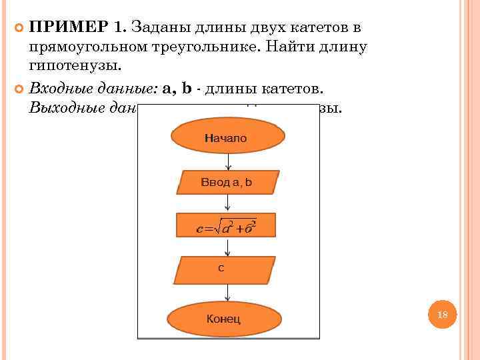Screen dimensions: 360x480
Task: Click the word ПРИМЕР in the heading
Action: (x=69, y=28)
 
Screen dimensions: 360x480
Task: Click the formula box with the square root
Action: (x=227, y=226)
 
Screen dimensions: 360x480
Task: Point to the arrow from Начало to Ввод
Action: (x=229, y=161)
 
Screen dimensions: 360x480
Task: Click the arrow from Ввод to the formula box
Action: (x=229, y=203)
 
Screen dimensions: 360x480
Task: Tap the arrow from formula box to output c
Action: (x=229, y=247)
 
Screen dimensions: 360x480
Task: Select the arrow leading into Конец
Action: (x=229, y=293)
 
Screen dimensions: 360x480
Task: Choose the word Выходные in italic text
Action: (x=66, y=107)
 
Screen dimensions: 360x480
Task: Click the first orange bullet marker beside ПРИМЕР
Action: (x=19, y=29)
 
